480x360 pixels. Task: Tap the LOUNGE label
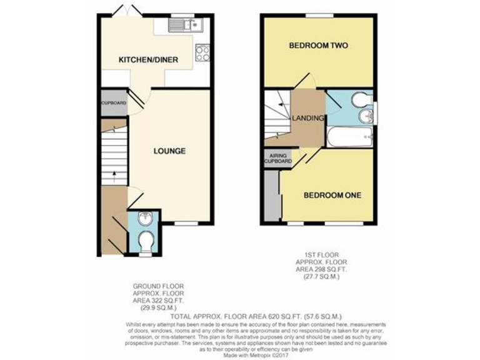point(169,151)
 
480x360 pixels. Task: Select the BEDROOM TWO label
point(317,46)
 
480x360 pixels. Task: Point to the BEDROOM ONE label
point(332,196)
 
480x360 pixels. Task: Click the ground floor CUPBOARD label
point(114,102)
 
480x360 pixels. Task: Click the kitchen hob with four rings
point(202,53)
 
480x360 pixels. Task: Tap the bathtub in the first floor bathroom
point(349,137)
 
